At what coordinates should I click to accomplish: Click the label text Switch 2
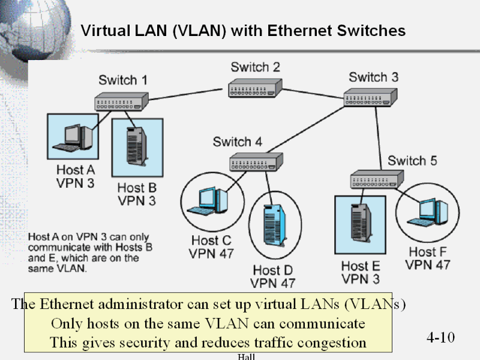255,67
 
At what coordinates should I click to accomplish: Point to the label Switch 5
416,161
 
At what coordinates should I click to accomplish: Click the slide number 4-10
441,337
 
